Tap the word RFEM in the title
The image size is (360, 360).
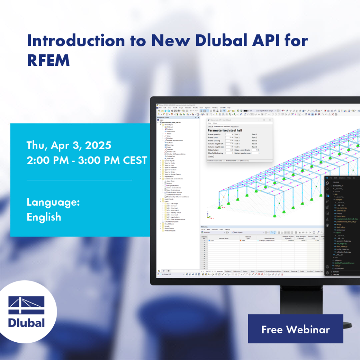(48, 60)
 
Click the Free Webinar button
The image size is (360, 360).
(295, 329)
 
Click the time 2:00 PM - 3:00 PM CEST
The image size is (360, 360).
(87, 160)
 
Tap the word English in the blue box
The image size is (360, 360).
(44, 217)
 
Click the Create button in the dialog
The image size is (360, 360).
(210, 156)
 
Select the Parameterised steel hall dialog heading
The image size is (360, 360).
(225, 130)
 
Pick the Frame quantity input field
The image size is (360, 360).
(229, 134)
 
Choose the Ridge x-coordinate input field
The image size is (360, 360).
(255, 150)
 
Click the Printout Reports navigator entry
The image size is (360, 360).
(170, 231)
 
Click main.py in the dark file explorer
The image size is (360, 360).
(335, 265)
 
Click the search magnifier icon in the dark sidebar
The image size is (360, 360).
(327, 189)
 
